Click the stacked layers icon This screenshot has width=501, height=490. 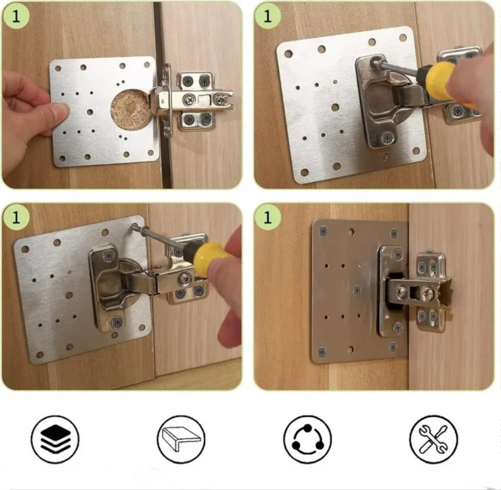click(55, 439)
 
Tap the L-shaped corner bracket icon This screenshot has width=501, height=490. click(181, 439)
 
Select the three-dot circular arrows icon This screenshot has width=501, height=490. click(307, 439)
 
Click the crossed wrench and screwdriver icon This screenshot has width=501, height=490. click(433, 439)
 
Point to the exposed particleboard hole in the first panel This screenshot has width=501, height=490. click(130, 108)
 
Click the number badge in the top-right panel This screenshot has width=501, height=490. click(268, 16)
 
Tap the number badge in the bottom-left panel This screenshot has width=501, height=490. click(16, 217)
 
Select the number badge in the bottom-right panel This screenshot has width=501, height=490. click(268, 217)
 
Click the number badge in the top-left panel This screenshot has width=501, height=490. click(16, 16)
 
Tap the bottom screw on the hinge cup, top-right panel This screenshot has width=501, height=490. click(387, 138)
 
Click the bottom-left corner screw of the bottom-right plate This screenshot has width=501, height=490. click(322, 352)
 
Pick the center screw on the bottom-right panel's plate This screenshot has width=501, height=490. click(357, 290)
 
